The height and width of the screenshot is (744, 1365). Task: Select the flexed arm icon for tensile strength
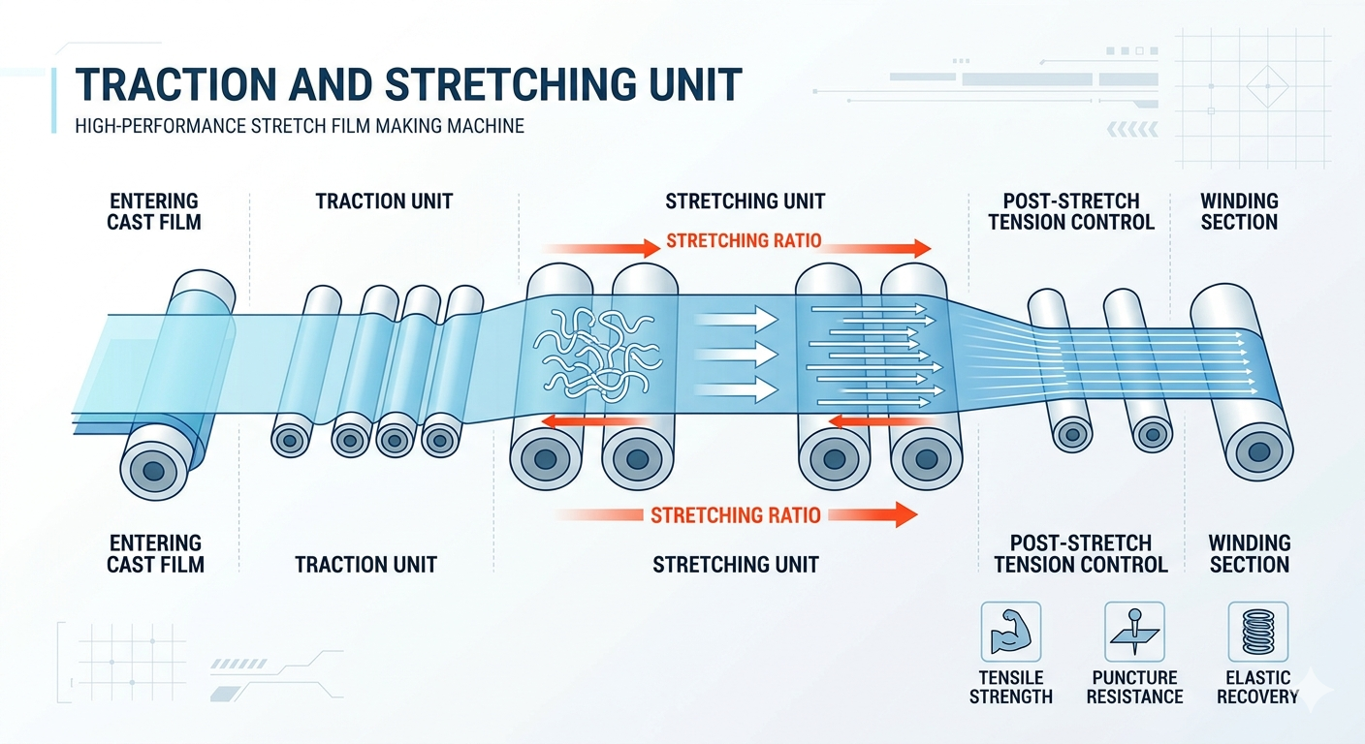1010,632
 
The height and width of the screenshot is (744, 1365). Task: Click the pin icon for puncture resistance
1134,632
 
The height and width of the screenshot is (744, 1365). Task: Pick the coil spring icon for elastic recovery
1257,632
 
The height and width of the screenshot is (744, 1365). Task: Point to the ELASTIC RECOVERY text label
1257,687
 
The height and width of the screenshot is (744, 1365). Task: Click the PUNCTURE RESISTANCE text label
1134,687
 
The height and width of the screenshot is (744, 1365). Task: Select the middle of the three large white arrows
737,354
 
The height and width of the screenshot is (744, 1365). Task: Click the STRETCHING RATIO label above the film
744,240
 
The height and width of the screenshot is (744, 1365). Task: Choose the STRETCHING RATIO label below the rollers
735,514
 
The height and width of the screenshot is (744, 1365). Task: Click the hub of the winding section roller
1258,450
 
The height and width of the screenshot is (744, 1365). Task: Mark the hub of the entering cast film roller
152,472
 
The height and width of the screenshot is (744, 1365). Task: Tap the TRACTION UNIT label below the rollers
365,565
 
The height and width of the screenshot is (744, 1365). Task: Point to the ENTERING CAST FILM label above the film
154,211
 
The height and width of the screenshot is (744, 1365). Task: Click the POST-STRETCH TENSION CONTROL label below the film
1081,554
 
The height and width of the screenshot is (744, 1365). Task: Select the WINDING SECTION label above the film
1239,211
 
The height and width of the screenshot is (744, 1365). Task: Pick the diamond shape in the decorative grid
1265,87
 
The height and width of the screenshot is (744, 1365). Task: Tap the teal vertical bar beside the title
54,100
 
